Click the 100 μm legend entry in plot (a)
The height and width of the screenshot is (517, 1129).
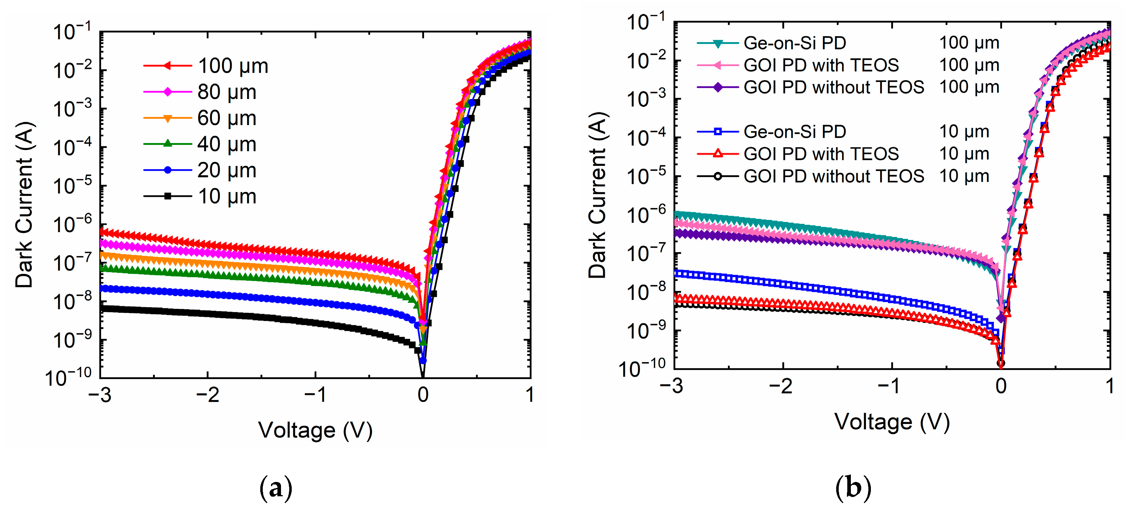[232, 66]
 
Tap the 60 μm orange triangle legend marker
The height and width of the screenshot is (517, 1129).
[167, 118]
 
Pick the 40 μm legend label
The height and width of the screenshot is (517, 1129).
[227, 144]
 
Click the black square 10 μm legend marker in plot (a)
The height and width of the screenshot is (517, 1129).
[167, 196]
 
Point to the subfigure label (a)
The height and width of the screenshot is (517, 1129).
[276, 488]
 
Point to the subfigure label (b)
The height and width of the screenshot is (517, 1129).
[853, 487]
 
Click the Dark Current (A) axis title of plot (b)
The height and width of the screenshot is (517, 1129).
[597, 195]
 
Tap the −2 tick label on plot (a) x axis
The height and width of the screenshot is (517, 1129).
[207, 395]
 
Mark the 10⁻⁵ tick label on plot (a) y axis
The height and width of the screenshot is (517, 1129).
[72, 186]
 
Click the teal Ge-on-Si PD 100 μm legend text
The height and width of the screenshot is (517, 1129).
[795, 43]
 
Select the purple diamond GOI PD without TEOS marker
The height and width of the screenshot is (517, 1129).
[718, 88]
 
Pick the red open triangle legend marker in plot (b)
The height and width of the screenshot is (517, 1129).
[718, 154]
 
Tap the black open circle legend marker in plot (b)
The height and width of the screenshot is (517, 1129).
[718, 177]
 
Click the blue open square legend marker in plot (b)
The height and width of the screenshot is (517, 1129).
[718, 132]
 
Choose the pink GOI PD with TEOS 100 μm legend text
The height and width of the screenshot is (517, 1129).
[821, 65]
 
